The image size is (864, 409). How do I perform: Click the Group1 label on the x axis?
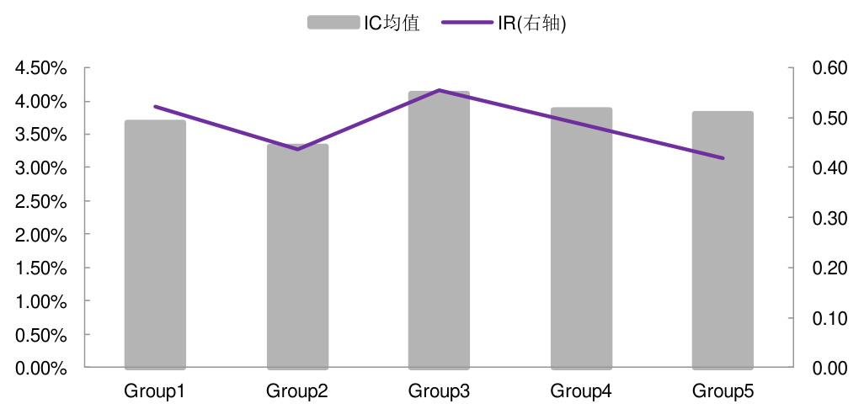click(x=155, y=391)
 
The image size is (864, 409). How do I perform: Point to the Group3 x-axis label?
click(x=439, y=391)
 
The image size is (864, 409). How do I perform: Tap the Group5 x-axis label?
click(x=723, y=391)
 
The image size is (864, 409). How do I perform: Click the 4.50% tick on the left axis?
click(x=41, y=68)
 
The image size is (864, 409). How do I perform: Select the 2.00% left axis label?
click(x=41, y=235)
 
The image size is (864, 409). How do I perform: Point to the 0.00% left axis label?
click(x=41, y=368)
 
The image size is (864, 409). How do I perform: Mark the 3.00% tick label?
click(x=41, y=168)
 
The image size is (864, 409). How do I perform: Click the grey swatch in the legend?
click(x=333, y=23)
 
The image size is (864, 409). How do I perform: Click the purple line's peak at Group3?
click(x=439, y=90)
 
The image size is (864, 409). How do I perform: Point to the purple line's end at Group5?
click(x=723, y=158)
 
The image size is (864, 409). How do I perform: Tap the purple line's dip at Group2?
click(x=297, y=149)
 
